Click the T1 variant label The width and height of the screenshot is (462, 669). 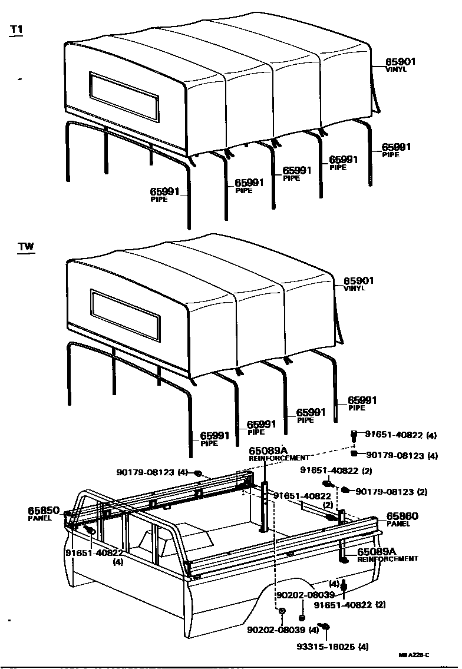(x=16, y=30)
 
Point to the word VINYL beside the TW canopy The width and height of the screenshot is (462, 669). (x=354, y=289)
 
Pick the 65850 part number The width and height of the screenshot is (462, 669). (x=44, y=511)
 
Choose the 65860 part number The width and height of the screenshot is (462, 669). (x=402, y=516)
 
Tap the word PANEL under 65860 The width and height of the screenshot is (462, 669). (x=399, y=524)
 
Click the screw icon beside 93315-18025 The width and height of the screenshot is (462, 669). (x=324, y=626)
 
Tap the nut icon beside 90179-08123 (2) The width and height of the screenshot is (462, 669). (x=346, y=489)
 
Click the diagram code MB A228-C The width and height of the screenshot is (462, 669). (x=414, y=655)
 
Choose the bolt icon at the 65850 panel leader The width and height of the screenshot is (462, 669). (x=90, y=530)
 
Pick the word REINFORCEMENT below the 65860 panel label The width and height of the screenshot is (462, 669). (x=387, y=558)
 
